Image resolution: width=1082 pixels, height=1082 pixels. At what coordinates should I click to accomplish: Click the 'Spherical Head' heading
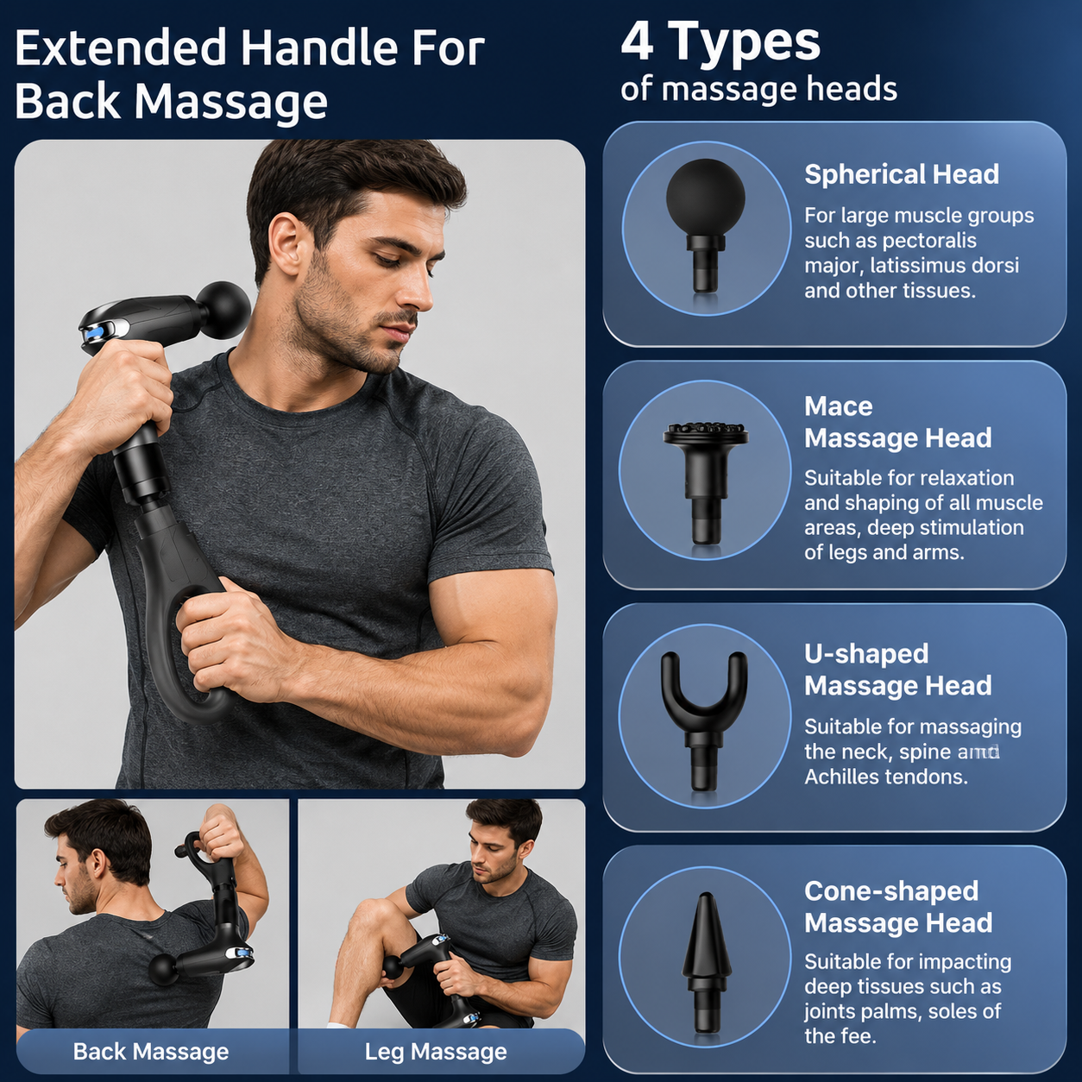(x=902, y=174)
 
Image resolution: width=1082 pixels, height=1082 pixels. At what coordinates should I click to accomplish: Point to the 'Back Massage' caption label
(x=151, y=1051)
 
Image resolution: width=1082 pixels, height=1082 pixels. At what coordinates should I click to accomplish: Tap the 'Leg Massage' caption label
(x=436, y=1051)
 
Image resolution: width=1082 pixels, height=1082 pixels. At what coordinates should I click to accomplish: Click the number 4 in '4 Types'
(x=638, y=42)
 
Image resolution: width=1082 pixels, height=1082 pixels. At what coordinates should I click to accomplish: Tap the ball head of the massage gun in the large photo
(x=224, y=310)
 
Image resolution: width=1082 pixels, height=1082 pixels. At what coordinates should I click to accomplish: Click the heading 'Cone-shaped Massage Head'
(x=898, y=907)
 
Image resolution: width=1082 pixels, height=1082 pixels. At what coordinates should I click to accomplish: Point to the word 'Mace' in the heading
(x=839, y=406)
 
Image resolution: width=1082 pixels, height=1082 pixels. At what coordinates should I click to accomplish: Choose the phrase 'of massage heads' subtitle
(x=758, y=90)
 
